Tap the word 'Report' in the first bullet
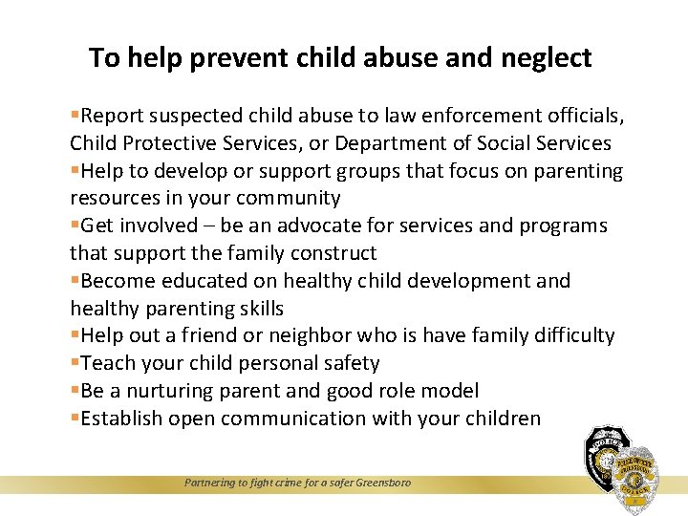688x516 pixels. (114, 117)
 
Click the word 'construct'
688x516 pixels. (332, 253)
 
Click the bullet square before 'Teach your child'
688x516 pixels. (75, 364)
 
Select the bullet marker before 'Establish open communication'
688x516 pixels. (75, 419)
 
